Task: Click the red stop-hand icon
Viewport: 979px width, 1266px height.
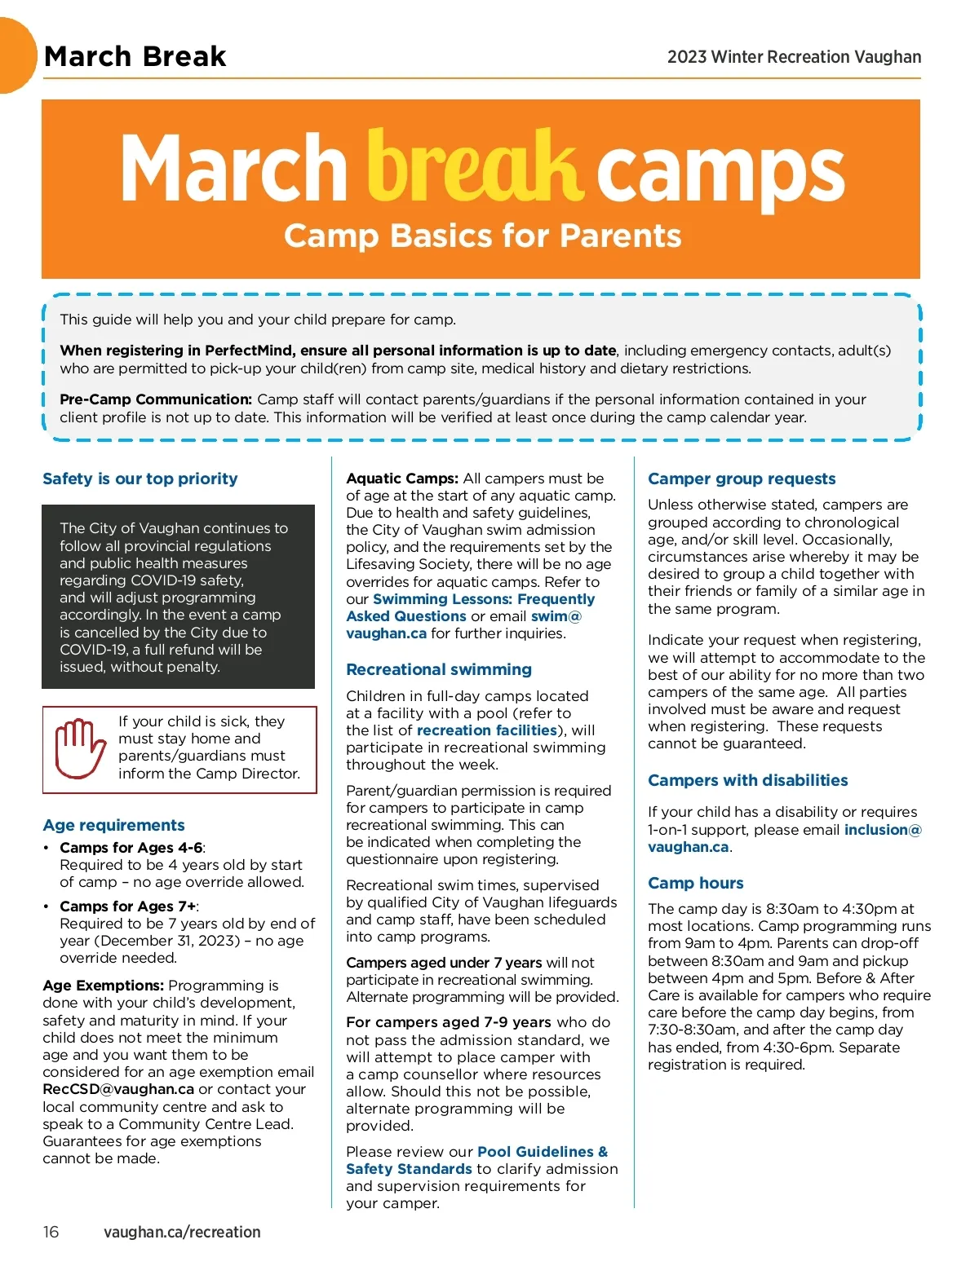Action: pyautogui.click(x=80, y=748)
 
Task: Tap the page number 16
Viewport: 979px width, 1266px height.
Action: pyautogui.click(x=51, y=1232)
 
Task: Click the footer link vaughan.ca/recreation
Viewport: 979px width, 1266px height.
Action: pyautogui.click(x=182, y=1232)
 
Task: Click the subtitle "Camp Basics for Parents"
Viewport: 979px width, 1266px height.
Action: pyautogui.click(x=482, y=236)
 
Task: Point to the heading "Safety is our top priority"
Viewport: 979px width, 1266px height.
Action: pyautogui.click(x=140, y=479)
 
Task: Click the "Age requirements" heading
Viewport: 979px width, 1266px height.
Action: pyautogui.click(x=113, y=825)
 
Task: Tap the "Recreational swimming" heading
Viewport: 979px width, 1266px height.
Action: pyautogui.click(x=438, y=669)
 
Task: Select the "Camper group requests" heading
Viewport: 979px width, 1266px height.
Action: pyautogui.click(x=742, y=479)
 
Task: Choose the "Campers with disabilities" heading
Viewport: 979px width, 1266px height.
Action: pyautogui.click(x=747, y=780)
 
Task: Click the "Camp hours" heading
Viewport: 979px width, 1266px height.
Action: pyautogui.click(x=695, y=883)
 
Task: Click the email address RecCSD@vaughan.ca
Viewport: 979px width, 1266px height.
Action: pyautogui.click(x=118, y=1089)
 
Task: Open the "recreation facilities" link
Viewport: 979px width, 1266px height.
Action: pyautogui.click(x=487, y=730)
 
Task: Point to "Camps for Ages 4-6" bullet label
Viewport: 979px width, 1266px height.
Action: pyautogui.click(x=131, y=848)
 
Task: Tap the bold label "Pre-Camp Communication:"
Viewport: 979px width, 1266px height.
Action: pyautogui.click(x=156, y=399)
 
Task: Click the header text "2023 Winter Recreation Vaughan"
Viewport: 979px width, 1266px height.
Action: pyautogui.click(x=794, y=57)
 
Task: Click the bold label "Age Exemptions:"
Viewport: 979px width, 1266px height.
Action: pyautogui.click(x=104, y=986)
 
